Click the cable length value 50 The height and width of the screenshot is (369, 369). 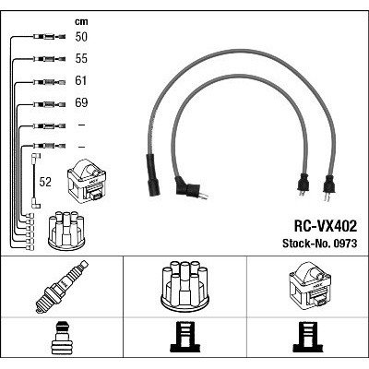coord(81,37)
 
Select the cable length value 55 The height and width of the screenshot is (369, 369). coord(81,58)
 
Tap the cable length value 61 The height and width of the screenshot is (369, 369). coord(80,80)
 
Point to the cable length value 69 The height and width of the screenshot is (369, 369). coord(81,102)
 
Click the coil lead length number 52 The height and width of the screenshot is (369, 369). coord(45,182)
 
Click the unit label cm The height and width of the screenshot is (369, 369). coord(81,21)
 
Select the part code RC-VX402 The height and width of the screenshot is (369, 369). coord(326,226)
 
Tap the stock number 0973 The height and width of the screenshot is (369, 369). coord(344,244)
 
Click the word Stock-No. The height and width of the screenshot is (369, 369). coord(305,244)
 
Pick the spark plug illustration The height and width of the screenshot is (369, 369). coord(62,287)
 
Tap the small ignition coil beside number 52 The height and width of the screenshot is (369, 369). coord(87,180)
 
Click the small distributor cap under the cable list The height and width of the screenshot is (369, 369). coord(66,231)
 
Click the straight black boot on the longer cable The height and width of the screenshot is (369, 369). coord(153,175)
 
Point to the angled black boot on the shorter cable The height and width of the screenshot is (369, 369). coord(187,188)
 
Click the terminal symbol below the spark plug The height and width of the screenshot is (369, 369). coord(62,338)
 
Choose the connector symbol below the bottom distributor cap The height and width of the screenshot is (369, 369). coord(184,337)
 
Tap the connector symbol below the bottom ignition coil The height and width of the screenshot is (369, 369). coord(308,337)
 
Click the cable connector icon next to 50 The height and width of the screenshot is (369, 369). coord(49,37)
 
